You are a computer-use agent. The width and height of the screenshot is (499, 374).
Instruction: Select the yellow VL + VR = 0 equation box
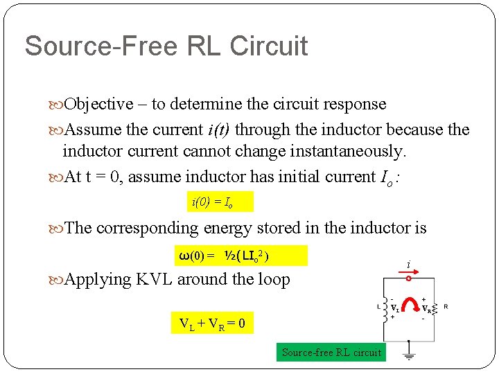click(212, 323)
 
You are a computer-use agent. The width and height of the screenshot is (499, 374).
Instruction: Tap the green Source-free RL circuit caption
click(331, 353)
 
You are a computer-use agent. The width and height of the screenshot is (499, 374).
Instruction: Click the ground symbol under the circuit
click(409, 357)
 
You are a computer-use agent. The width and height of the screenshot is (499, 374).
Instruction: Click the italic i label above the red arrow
click(409, 265)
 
